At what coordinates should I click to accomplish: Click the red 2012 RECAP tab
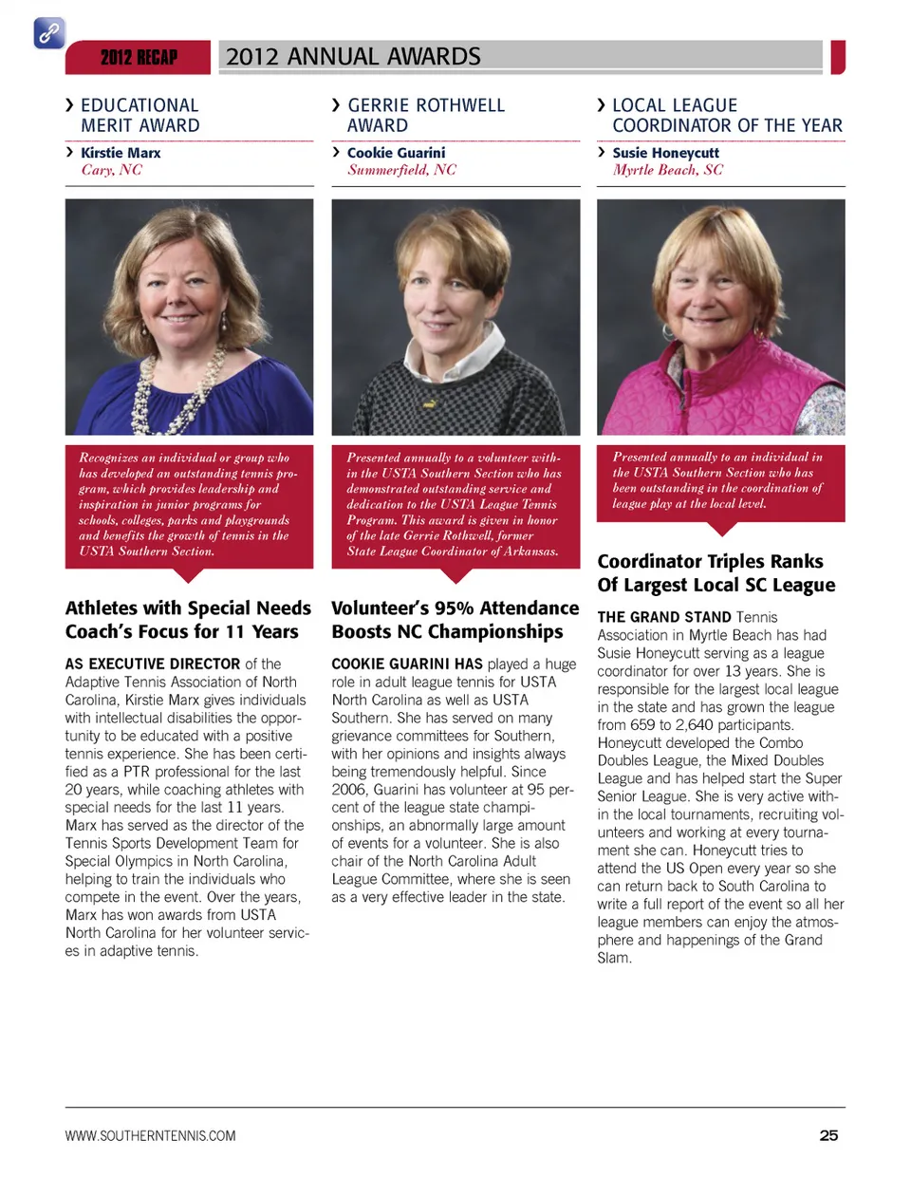(x=139, y=58)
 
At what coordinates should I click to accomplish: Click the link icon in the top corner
(x=49, y=33)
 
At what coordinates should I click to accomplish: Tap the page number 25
(x=828, y=1135)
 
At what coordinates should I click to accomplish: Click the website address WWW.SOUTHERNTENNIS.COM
(x=151, y=1135)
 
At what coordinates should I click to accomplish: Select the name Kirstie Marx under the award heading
(x=121, y=153)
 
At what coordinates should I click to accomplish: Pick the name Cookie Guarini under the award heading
(x=396, y=153)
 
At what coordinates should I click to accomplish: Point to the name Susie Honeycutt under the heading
(x=665, y=153)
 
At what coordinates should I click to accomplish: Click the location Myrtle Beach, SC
(x=667, y=170)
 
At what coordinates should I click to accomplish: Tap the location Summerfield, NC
(x=401, y=170)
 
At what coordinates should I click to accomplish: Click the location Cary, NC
(x=111, y=170)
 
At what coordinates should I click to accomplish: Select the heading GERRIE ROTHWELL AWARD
(x=425, y=115)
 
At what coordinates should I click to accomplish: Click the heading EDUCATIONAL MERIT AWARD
(x=139, y=115)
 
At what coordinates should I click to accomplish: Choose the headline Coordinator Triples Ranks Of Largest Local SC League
(x=716, y=572)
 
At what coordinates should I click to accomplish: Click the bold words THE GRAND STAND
(x=664, y=617)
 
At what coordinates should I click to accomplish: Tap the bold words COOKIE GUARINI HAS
(x=407, y=664)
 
